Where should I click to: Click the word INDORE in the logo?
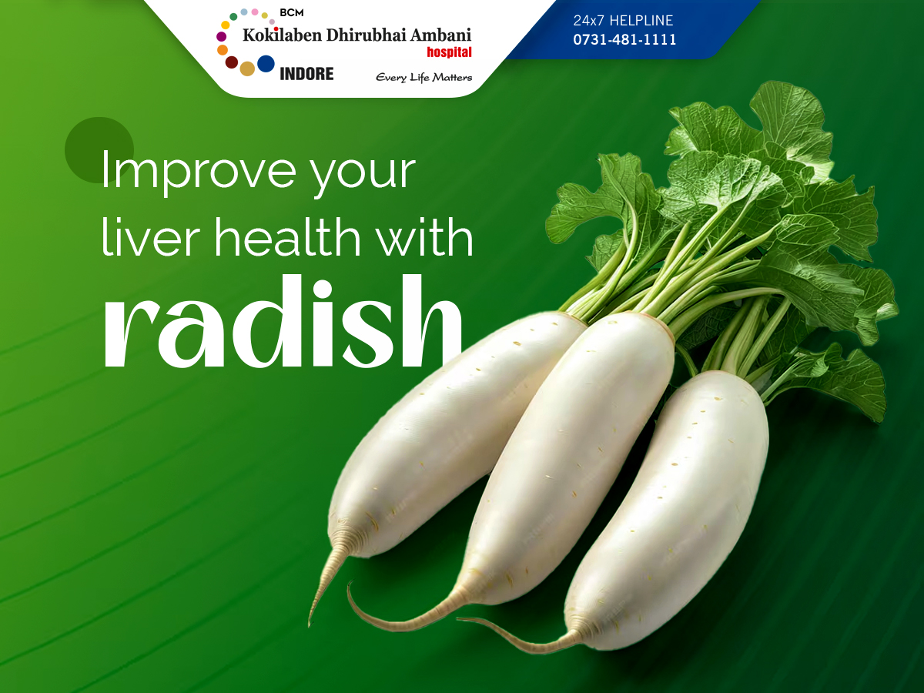306,74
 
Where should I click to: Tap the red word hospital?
449,52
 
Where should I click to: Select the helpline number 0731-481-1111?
624,39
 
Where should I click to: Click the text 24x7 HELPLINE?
623,20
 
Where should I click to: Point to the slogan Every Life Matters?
424,78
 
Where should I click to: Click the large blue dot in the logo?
266,64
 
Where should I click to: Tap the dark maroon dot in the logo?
232,62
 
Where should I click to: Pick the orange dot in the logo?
223,50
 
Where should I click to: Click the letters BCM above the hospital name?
292,13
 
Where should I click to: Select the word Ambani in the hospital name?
440,35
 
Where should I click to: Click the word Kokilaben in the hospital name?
283,35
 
